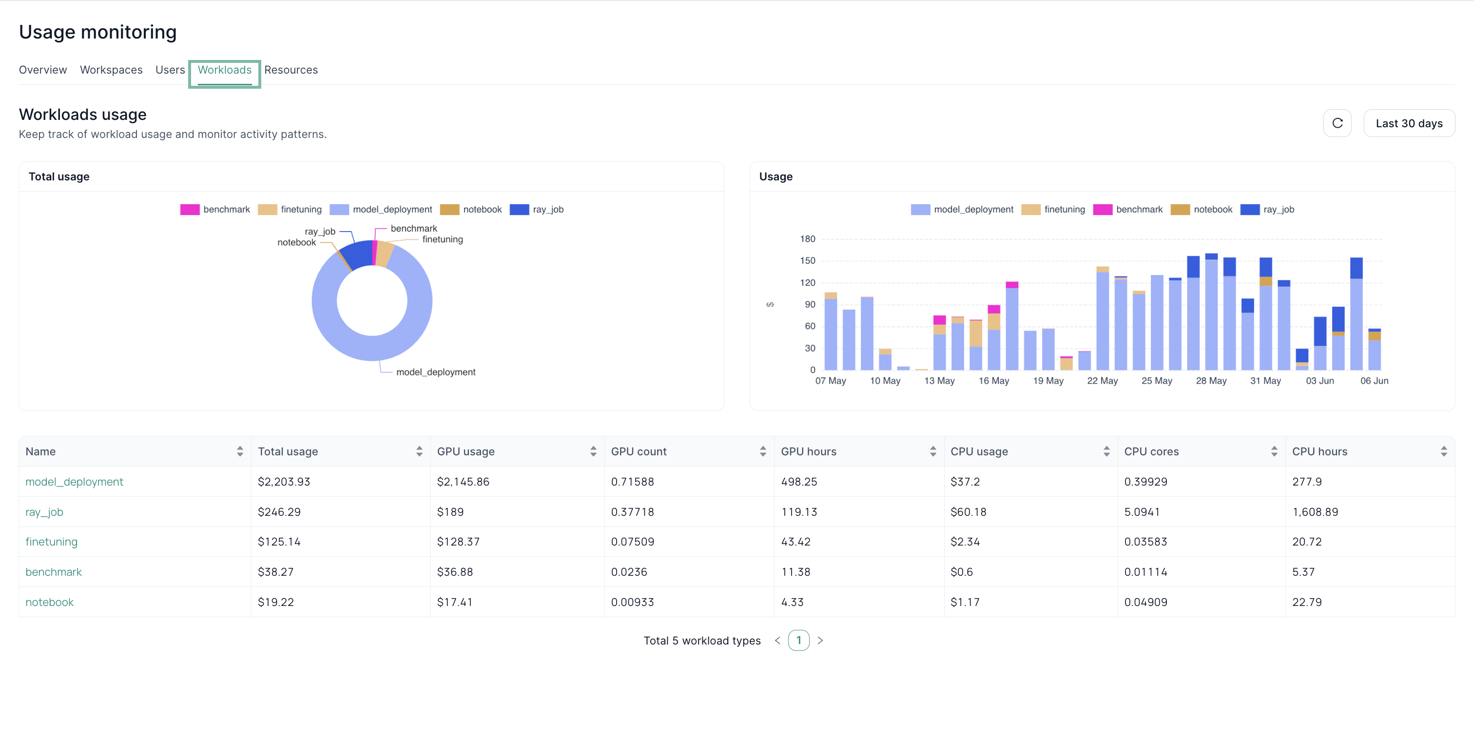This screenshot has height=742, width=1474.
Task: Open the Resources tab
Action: point(291,70)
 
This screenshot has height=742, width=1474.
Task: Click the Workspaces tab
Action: point(111,70)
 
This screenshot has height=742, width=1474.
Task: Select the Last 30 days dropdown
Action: point(1409,123)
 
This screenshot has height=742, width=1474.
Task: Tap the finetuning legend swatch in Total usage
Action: point(267,209)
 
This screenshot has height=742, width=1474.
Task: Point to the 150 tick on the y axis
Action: point(807,261)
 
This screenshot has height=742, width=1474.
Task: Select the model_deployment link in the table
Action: point(75,482)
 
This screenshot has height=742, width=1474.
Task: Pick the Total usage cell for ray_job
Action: point(279,512)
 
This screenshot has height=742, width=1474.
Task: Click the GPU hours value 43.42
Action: point(795,542)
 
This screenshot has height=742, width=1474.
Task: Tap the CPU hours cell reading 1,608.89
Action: point(1315,512)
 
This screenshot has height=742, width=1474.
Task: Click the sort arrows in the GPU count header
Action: point(763,451)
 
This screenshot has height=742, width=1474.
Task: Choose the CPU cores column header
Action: point(1151,451)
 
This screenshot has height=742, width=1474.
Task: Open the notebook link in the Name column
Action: point(50,603)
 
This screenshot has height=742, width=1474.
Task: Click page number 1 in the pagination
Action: point(798,640)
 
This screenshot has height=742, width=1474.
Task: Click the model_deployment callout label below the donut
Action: point(435,372)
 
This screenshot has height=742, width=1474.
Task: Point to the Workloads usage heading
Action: point(83,115)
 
